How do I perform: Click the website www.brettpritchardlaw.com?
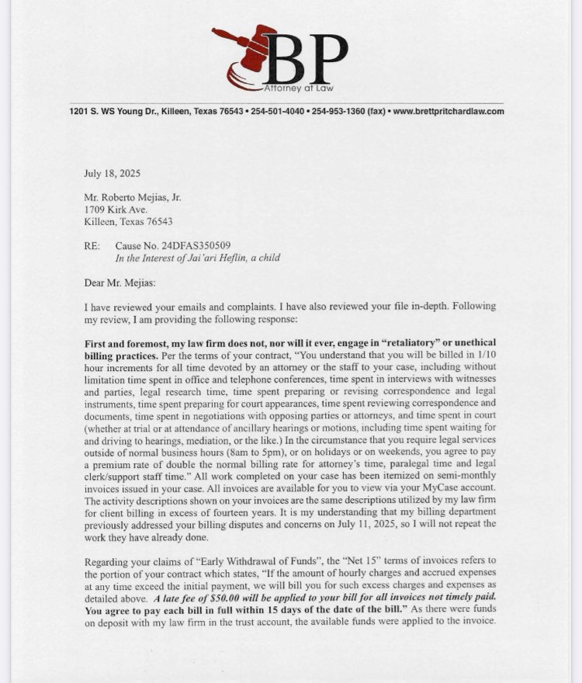coord(449,111)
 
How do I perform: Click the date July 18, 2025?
coord(112,174)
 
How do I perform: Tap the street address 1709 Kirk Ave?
coord(115,210)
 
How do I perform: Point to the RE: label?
coord(92,246)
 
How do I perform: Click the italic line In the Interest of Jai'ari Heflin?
coord(197,258)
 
